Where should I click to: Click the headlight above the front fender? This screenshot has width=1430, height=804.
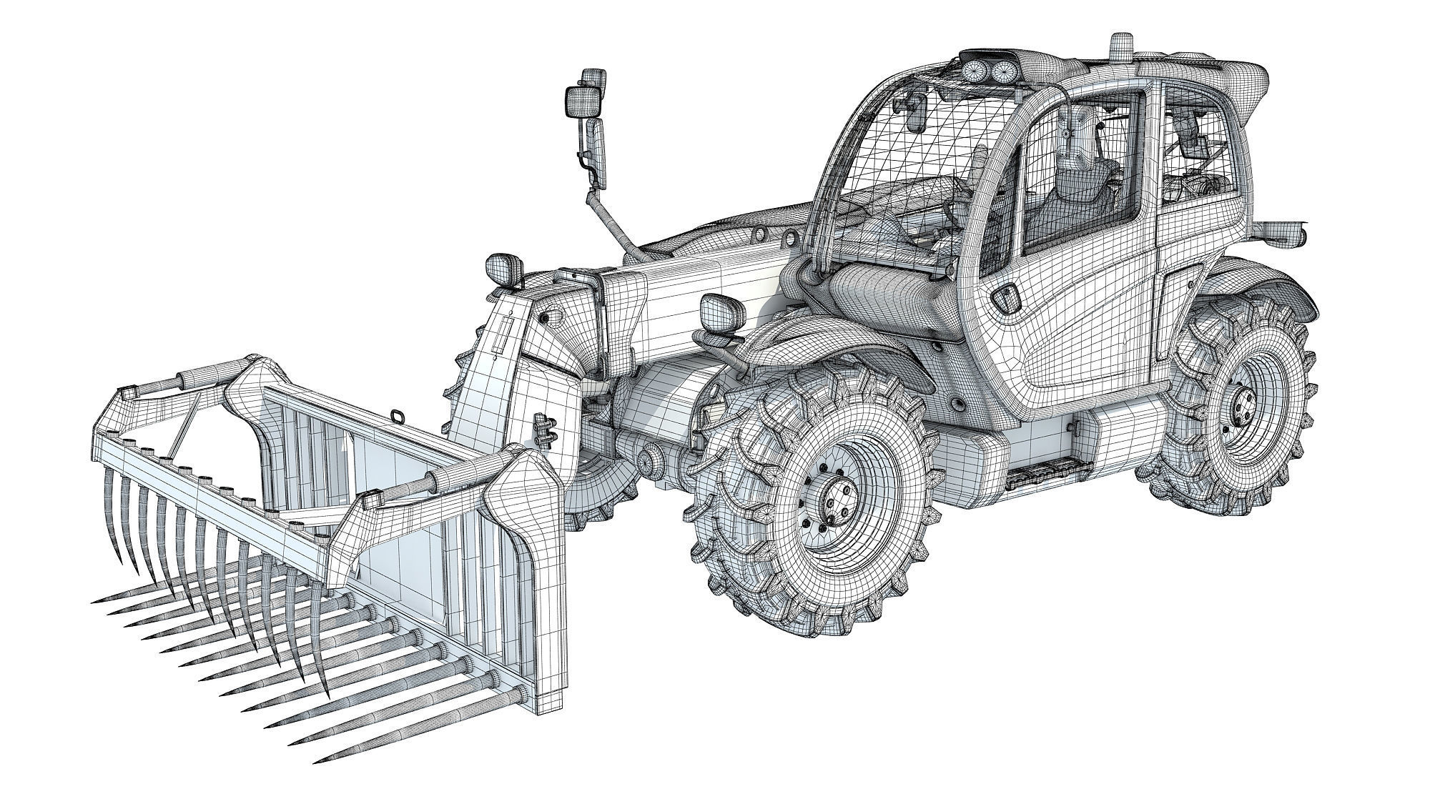coord(716,312)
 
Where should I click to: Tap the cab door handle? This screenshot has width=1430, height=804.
coord(1007,297)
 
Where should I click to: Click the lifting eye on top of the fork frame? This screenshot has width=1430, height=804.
coord(395,416)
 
